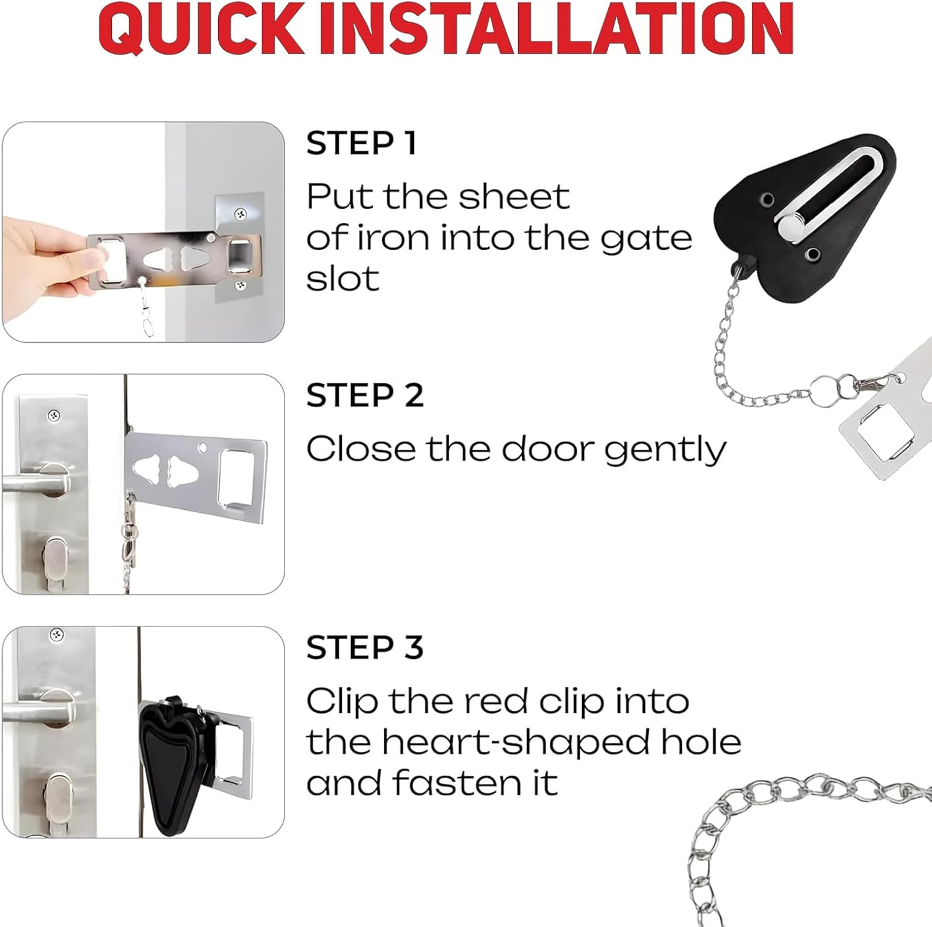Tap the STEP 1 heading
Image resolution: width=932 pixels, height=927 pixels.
pos(361,143)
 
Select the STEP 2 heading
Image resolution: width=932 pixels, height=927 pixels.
pos(365,396)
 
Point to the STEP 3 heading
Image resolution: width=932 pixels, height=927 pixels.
pos(365,648)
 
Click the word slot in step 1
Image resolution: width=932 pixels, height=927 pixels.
pos(342,279)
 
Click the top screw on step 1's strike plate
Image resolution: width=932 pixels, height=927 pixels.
pos(240,214)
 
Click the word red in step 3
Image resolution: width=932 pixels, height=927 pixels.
pos(496,702)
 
